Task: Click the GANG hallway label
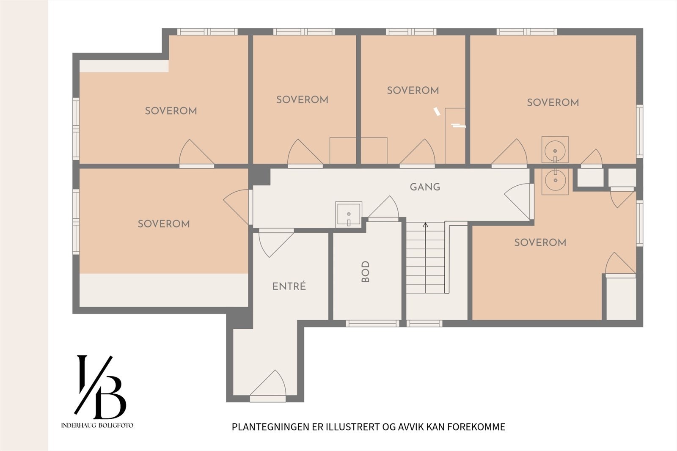pos(425,187)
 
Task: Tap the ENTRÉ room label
pos(289,286)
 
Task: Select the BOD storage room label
pos(366,272)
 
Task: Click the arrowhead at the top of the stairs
pos(426,225)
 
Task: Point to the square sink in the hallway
pos(349,214)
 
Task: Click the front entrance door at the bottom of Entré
pos(268,386)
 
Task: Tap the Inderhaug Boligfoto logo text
pos(97,425)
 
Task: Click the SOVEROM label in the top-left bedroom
pos(171,111)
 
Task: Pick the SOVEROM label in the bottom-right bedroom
pos(540,242)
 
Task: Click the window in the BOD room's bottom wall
pos(372,323)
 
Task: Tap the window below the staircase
pos(424,323)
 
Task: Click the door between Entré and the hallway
pos(276,243)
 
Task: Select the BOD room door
pos(383,209)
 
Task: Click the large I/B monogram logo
pos(100,387)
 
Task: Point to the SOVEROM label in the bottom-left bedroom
pos(164,224)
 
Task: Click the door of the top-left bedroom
pos(196,154)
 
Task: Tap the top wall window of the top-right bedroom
pos(527,32)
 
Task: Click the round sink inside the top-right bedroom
pos(555,150)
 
